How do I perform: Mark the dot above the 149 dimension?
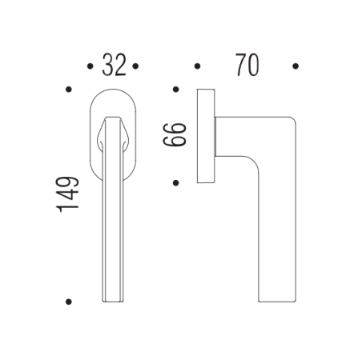point(70,90)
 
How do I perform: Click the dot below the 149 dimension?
point(70,302)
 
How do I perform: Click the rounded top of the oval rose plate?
point(113,94)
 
